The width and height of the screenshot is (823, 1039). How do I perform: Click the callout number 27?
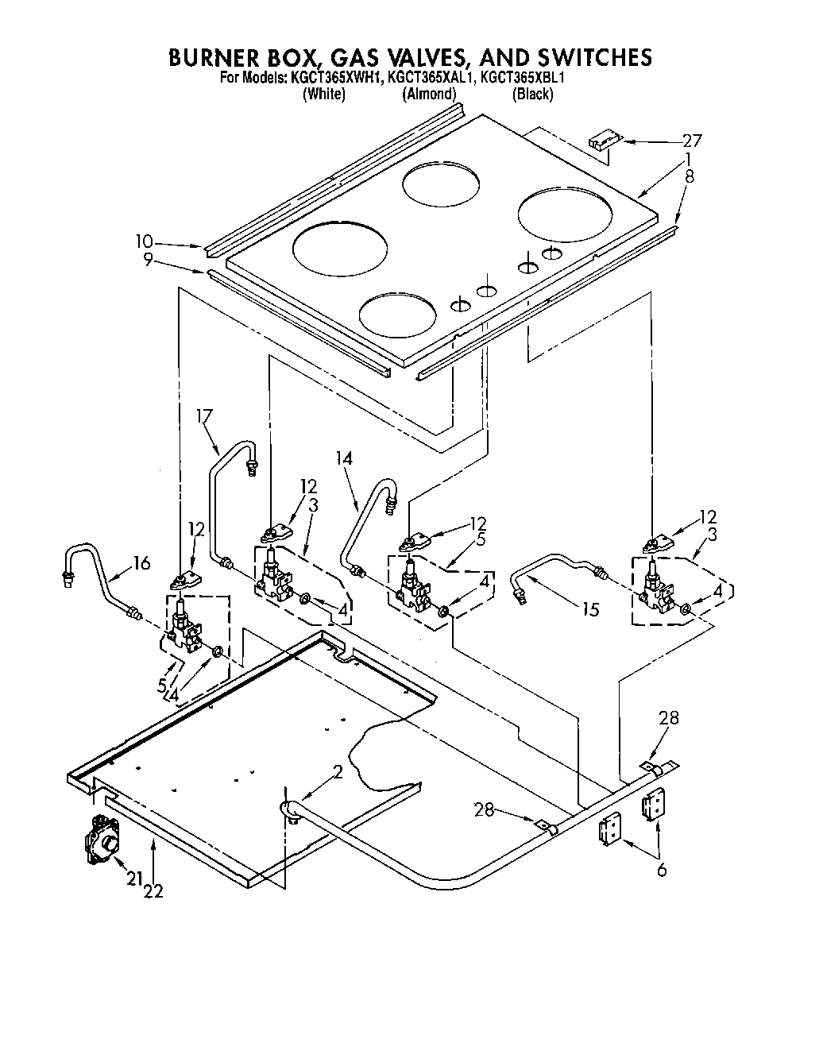(692, 141)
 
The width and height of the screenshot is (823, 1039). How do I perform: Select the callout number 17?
(205, 415)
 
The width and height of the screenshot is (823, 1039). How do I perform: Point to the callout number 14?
(344, 458)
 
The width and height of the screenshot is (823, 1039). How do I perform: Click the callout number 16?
(141, 563)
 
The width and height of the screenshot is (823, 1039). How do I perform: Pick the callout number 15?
(589, 609)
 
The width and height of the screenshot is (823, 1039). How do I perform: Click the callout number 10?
(144, 241)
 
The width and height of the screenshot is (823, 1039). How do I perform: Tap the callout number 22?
(153, 891)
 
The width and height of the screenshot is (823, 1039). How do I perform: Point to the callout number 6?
(662, 870)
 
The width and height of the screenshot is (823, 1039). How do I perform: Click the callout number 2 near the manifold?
(338, 771)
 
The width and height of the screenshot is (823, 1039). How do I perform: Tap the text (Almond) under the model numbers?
(430, 94)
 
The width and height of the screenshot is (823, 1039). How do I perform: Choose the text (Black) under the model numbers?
(532, 94)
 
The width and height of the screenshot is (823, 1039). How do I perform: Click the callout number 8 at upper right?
(690, 176)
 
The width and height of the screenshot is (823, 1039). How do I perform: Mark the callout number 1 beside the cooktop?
(690, 159)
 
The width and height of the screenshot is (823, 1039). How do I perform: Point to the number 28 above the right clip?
(669, 717)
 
